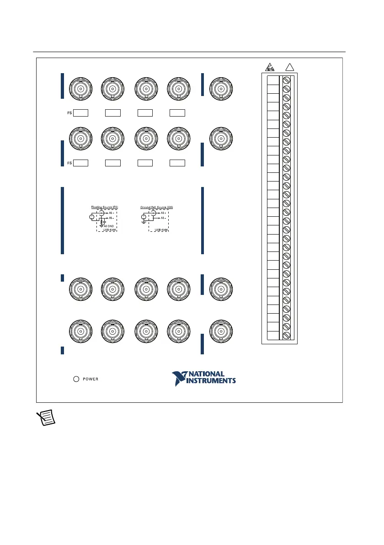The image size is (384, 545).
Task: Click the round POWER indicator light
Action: pyautogui.click(x=77, y=379)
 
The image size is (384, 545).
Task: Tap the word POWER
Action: pyautogui.click(x=91, y=379)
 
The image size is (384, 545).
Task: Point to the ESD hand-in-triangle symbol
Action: pyautogui.click(x=270, y=67)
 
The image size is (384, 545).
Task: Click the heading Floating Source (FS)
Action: pyautogui.click(x=104, y=207)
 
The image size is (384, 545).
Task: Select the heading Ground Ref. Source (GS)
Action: pyautogui.click(x=156, y=207)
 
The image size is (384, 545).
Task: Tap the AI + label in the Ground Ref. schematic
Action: pyautogui.click(x=164, y=213)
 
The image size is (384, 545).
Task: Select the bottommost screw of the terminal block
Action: pyautogui.click(x=287, y=335)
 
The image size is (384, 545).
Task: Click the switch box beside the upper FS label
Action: pyautogui.click(x=81, y=112)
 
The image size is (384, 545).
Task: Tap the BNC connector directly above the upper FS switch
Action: pyautogui.click(x=80, y=87)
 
